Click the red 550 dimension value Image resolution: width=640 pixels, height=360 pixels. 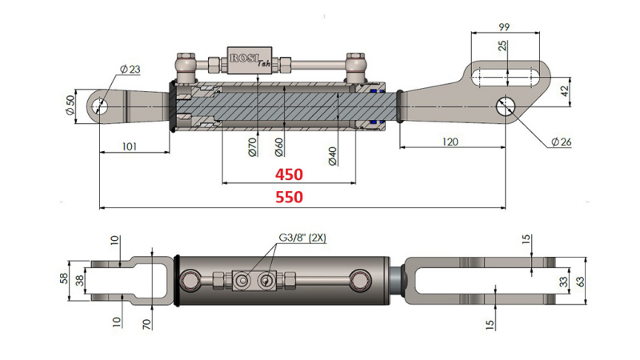click(x=289, y=198)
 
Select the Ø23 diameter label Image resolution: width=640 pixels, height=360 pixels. click(x=130, y=70)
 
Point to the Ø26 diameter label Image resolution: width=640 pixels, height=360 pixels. click(x=561, y=142)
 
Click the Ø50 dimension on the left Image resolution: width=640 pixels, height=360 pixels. click(x=70, y=105)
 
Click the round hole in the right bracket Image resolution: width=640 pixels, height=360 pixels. click(x=505, y=105)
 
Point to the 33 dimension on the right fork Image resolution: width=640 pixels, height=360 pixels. click(x=564, y=282)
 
